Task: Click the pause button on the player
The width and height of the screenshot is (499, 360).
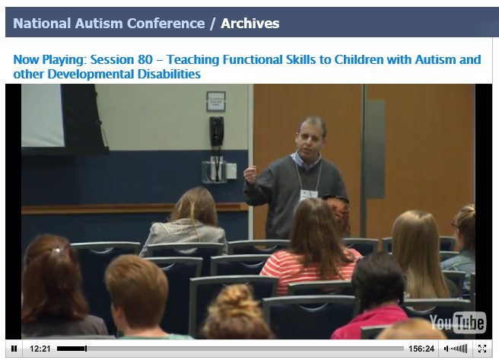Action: click(14, 349)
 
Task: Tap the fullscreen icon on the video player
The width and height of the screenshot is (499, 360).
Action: click(482, 349)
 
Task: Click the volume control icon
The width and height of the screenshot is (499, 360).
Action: click(456, 349)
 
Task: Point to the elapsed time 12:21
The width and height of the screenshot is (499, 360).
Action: click(40, 349)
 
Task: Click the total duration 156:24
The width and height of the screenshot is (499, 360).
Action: click(421, 349)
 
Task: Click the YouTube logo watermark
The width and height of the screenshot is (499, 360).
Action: click(458, 323)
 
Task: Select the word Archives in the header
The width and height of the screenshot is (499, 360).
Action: click(250, 24)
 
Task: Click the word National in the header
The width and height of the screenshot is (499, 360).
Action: click(42, 24)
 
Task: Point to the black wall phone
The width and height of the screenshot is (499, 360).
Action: click(217, 132)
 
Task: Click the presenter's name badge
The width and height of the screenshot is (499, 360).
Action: click(309, 195)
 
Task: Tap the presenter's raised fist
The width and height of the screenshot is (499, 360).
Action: click(250, 174)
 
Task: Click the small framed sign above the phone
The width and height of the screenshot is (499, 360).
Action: click(216, 101)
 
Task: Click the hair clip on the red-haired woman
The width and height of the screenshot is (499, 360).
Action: click(56, 251)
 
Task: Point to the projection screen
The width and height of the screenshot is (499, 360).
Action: click(43, 115)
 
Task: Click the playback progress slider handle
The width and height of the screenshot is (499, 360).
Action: click(86, 349)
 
